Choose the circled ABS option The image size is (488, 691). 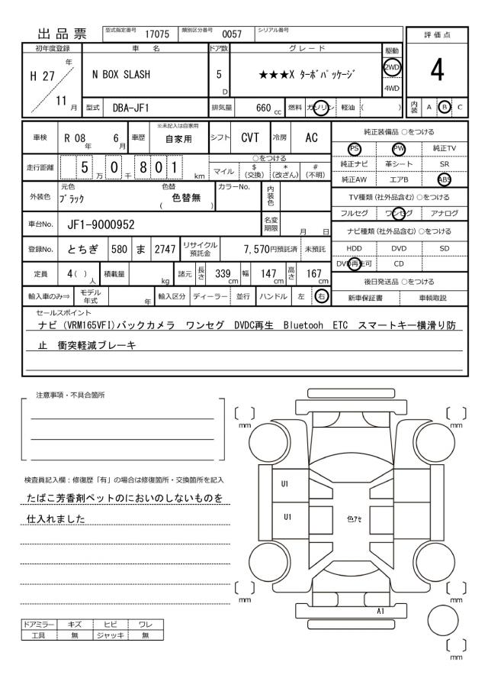point(442,179)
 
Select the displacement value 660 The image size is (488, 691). point(264,108)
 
